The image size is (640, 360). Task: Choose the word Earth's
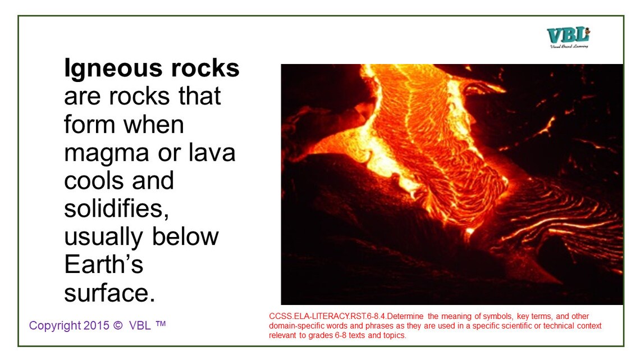(x=104, y=265)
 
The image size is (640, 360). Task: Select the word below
(x=187, y=236)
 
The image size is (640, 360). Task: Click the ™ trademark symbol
(x=161, y=324)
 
